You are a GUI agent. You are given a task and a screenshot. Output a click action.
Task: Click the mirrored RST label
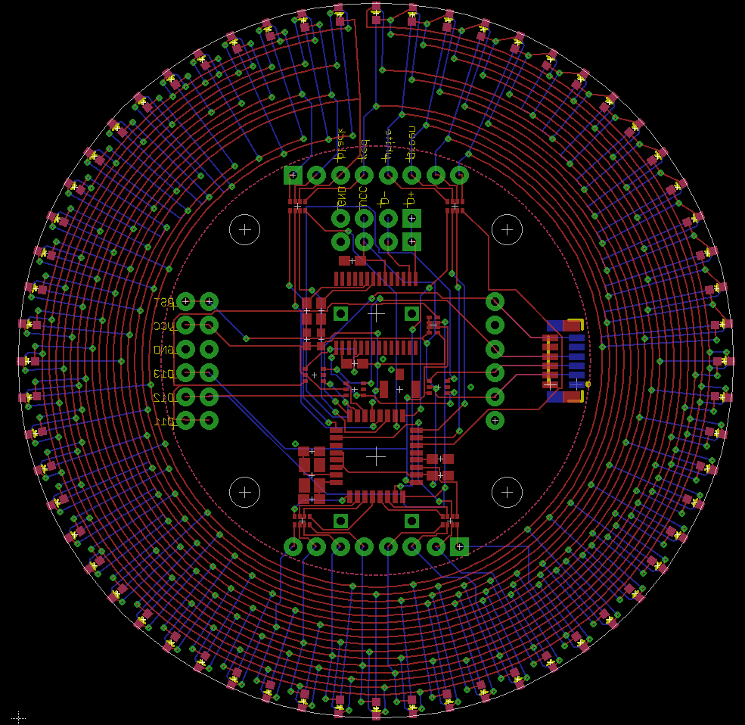point(163,302)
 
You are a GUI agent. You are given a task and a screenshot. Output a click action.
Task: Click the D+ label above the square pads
point(411,200)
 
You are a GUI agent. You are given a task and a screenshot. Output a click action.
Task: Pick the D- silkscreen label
point(386,200)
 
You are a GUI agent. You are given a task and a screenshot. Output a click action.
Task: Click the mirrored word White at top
point(388,144)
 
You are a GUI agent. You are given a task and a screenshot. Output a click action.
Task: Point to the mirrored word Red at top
point(365,149)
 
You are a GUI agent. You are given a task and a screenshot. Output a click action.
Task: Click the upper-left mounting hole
point(244,229)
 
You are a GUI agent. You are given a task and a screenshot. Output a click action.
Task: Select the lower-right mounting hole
point(507,492)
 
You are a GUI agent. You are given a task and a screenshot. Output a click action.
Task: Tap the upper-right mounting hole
point(507,229)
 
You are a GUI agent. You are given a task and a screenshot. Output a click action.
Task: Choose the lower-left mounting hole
point(244,492)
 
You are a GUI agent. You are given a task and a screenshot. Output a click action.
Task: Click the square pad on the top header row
point(293,175)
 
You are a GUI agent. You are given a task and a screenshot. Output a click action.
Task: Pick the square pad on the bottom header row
point(459,546)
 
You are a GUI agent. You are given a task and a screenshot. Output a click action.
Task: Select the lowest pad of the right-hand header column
point(495,419)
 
